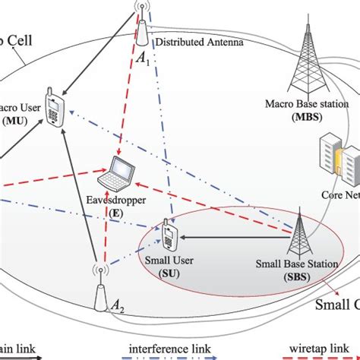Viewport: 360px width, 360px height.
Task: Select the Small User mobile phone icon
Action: [169, 235]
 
